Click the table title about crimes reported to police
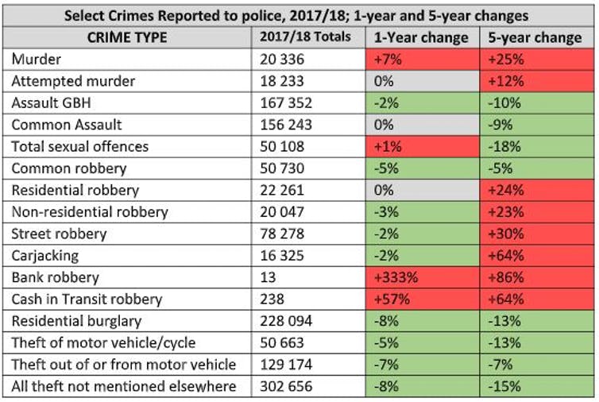299,15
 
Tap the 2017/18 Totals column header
305,37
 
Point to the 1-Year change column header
421,37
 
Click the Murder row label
35,60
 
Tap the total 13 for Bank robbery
268,278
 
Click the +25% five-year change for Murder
503,60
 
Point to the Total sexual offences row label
80,147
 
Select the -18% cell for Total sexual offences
501,147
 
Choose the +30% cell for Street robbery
503,234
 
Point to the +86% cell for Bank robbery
503,278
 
